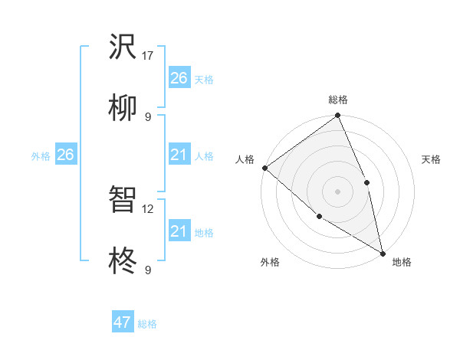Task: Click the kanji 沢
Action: point(123,48)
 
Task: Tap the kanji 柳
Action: point(123,108)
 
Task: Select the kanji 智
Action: point(123,200)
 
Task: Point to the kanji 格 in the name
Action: point(123,261)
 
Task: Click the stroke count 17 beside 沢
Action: point(148,55)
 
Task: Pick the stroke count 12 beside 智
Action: point(148,208)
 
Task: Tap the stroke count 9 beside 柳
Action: point(148,116)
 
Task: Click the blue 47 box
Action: point(123,322)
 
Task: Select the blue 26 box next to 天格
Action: point(179,77)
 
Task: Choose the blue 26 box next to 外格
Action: point(65,155)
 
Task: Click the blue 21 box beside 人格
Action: point(179,155)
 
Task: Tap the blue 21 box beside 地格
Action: point(179,231)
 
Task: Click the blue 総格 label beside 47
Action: point(147,324)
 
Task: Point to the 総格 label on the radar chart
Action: point(338,100)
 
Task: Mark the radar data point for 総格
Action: point(337,116)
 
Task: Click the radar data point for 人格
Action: point(264,168)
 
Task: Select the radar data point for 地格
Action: point(383,252)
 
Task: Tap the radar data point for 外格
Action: point(320,216)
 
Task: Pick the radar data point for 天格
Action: point(366,182)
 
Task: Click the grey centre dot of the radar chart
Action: point(337,191)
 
